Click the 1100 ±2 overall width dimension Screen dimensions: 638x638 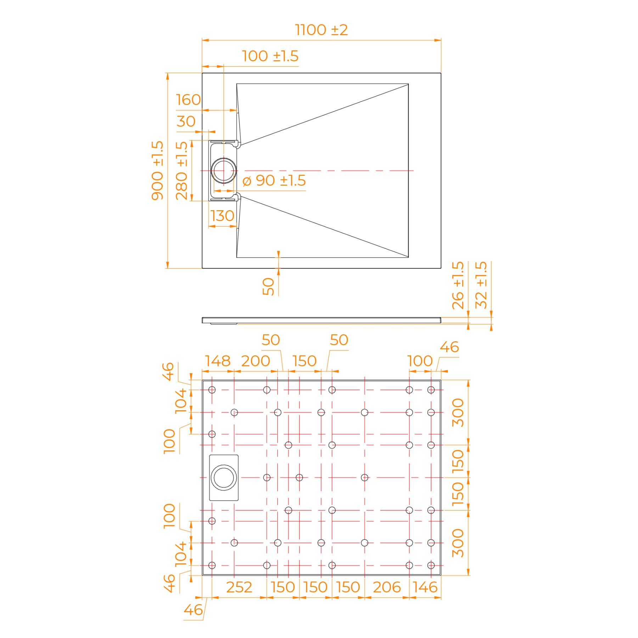pyautogui.click(x=321, y=30)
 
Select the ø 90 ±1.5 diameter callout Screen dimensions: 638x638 pyautogui.click(x=274, y=180)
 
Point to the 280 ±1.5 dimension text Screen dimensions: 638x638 pyautogui.click(x=181, y=170)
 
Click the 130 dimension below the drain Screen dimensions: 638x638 pyautogui.click(x=222, y=216)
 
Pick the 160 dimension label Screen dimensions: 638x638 pyautogui.click(x=189, y=100)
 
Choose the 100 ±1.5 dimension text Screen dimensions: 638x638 pyautogui.click(x=270, y=56)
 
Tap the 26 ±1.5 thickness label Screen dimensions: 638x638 pyautogui.click(x=458, y=285)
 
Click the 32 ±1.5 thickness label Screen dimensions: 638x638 pyautogui.click(x=481, y=285)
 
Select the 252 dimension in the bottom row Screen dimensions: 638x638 pyautogui.click(x=239, y=587)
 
